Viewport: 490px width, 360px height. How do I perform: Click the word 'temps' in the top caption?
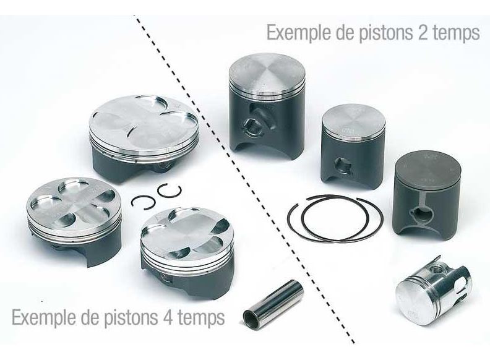pos(455,33)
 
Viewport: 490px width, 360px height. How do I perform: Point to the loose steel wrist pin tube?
pos(273,304)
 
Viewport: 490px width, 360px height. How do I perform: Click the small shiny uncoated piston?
pos(433,291)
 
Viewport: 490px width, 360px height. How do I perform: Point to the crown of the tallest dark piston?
pos(267,73)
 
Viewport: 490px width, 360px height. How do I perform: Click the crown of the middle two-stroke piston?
pos(353,121)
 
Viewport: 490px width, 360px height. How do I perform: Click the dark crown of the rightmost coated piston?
pos(428,169)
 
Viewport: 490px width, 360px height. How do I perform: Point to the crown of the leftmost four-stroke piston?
pos(74,203)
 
